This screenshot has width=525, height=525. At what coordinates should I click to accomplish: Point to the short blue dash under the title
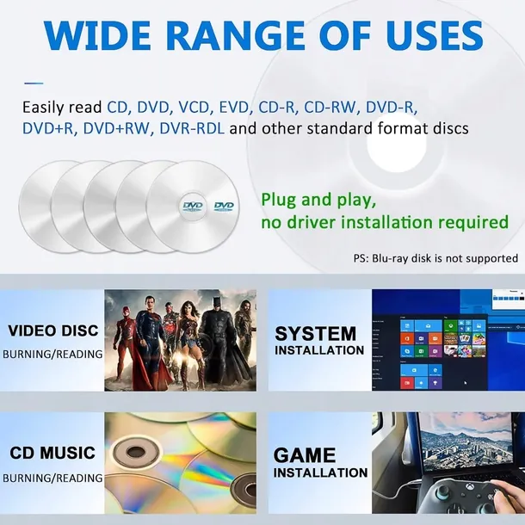click(33, 83)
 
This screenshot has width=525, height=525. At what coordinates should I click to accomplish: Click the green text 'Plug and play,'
click(318, 200)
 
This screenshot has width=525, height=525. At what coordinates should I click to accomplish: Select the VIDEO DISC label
click(53, 330)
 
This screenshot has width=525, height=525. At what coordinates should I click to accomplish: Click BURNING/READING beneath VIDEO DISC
click(52, 354)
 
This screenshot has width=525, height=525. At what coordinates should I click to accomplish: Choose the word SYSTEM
click(315, 333)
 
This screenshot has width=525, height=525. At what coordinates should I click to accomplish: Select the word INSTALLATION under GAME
click(320, 472)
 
